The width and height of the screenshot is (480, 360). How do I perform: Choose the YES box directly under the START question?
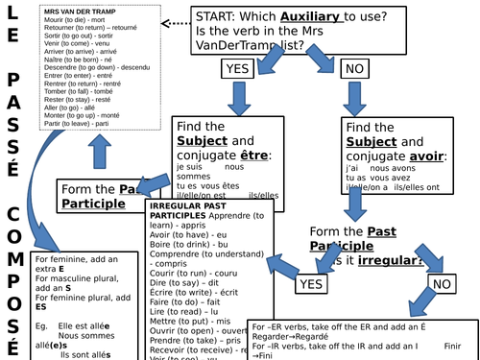(237, 68)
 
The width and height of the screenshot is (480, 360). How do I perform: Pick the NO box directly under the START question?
(353, 68)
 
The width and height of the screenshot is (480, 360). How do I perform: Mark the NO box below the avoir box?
(442, 284)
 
